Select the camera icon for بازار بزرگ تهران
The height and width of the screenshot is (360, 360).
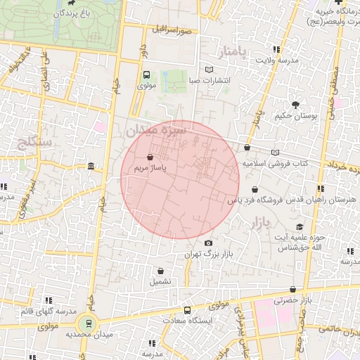(207, 243)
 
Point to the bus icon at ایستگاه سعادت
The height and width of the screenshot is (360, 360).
(187, 310)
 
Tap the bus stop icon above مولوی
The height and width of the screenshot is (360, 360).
(146, 75)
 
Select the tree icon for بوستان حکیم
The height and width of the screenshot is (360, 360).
(295, 105)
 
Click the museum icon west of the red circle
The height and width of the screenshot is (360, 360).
(92, 166)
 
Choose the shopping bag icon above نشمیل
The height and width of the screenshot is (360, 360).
(161, 270)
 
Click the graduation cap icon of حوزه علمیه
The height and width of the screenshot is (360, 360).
(300, 226)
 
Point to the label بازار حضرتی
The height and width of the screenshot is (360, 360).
(290, 301)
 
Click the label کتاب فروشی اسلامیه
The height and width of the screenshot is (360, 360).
(276, 163)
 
